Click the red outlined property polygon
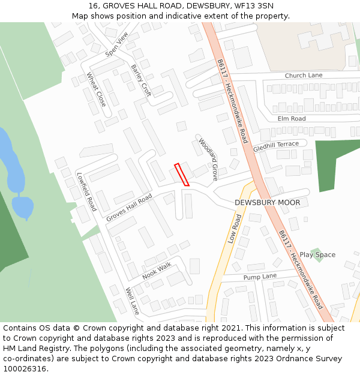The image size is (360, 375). [182, 175]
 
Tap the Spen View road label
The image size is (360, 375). [117, 45]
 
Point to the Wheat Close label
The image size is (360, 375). [96, 90]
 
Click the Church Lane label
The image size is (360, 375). [304, 76]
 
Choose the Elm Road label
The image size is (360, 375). [292, 119]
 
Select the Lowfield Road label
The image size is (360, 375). [86, 192]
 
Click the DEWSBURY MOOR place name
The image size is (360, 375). [267, 203]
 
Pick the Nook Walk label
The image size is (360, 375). [157, 271]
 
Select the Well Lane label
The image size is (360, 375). [132, 301]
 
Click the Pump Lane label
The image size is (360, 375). [260, 277]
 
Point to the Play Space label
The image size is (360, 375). [317, 254]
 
